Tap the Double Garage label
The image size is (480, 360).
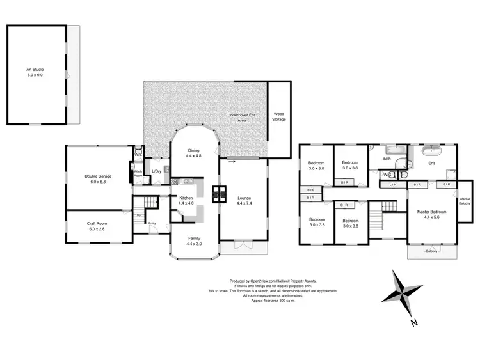(99, 179)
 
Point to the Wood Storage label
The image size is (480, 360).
(278, 116)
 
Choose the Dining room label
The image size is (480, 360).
(194, 153)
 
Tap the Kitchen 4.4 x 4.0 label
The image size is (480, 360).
(186, 201)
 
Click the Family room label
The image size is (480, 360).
(194, 242)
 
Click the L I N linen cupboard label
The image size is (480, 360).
(392, 185)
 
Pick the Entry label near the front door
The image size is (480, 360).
(152, 223)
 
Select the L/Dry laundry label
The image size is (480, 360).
(157, 171)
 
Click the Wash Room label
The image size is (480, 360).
(138, 172)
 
